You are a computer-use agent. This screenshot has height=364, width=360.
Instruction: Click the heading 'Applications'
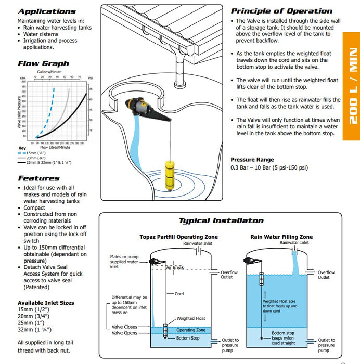[46, 11]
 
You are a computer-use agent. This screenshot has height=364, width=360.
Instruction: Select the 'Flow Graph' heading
[43, 63]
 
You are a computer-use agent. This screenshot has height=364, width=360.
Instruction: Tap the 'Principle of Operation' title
[281, 11]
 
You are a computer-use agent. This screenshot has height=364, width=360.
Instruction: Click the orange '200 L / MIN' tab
[352, 86]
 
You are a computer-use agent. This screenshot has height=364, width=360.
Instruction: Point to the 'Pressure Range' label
[252, 160]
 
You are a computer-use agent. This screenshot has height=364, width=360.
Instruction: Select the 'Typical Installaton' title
[221, 220]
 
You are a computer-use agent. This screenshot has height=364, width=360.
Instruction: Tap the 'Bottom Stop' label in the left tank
[187, 339]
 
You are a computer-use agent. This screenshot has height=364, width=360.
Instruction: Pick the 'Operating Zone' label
[191, 330]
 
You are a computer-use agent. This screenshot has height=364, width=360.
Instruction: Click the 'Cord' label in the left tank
[178, 294]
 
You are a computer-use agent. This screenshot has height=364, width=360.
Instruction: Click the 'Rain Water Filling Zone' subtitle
[281, 237]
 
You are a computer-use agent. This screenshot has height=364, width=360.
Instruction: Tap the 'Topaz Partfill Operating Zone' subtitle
[178, 237]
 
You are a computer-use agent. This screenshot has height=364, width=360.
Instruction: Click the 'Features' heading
[38, 178]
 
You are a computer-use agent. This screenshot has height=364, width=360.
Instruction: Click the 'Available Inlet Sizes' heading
[46, 303]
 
